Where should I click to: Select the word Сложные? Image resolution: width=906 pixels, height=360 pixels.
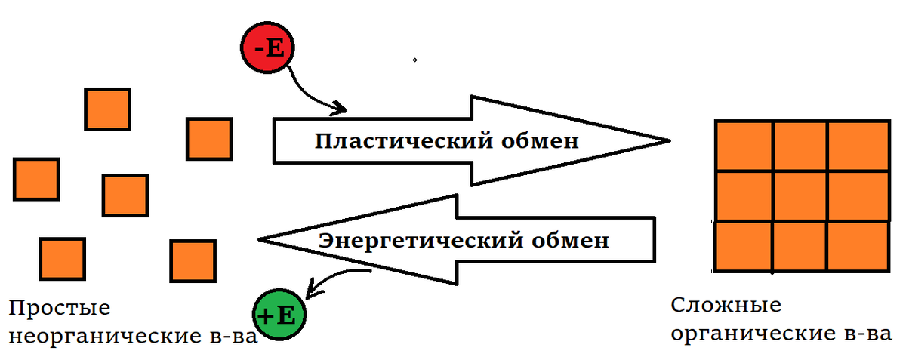pos(725,306)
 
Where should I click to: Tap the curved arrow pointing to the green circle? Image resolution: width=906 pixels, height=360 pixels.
pos(332,278)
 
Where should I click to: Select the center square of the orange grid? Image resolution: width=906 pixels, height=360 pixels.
pos(801,197)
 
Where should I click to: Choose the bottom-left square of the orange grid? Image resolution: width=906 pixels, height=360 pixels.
pos(743,247)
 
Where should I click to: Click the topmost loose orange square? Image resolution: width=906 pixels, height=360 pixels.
pos(107,109)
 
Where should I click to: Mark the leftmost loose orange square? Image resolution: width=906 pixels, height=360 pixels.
pos(35,178)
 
